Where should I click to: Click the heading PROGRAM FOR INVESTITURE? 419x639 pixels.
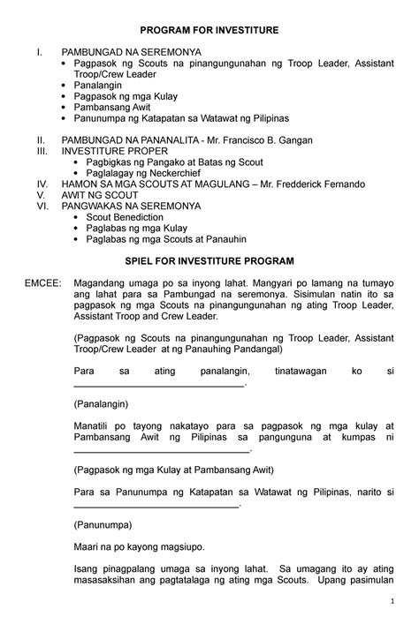click(x=209, y=31)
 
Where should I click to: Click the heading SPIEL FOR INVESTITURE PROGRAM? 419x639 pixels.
click(x=209, y=262)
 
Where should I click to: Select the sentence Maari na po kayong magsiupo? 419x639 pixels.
click(x=137, y=546)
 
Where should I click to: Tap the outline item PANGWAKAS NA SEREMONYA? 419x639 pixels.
click(x=130, y=206)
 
